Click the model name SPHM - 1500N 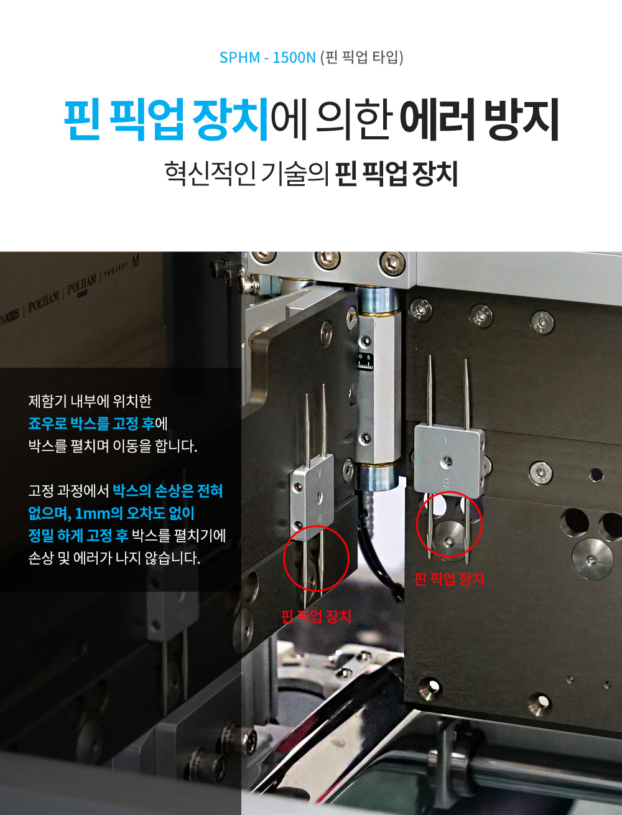click(x=267, y=58)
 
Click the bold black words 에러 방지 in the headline click(x=479, y=119)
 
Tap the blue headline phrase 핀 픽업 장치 click(x=167, y=119)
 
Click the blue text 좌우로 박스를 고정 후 click(x=91, y=424)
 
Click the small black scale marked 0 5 click(x=365, y=361)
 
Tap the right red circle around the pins click(x=449, y=524)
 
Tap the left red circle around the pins click(x=315, y=558)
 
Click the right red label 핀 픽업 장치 click(x=449, y=579)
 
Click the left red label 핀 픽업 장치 click(x=316, y=617)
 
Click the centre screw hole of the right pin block click(x=447, y=462)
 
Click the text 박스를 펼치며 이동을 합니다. click(x=113, y=446)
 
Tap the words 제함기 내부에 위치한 click(x=90, y=401)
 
